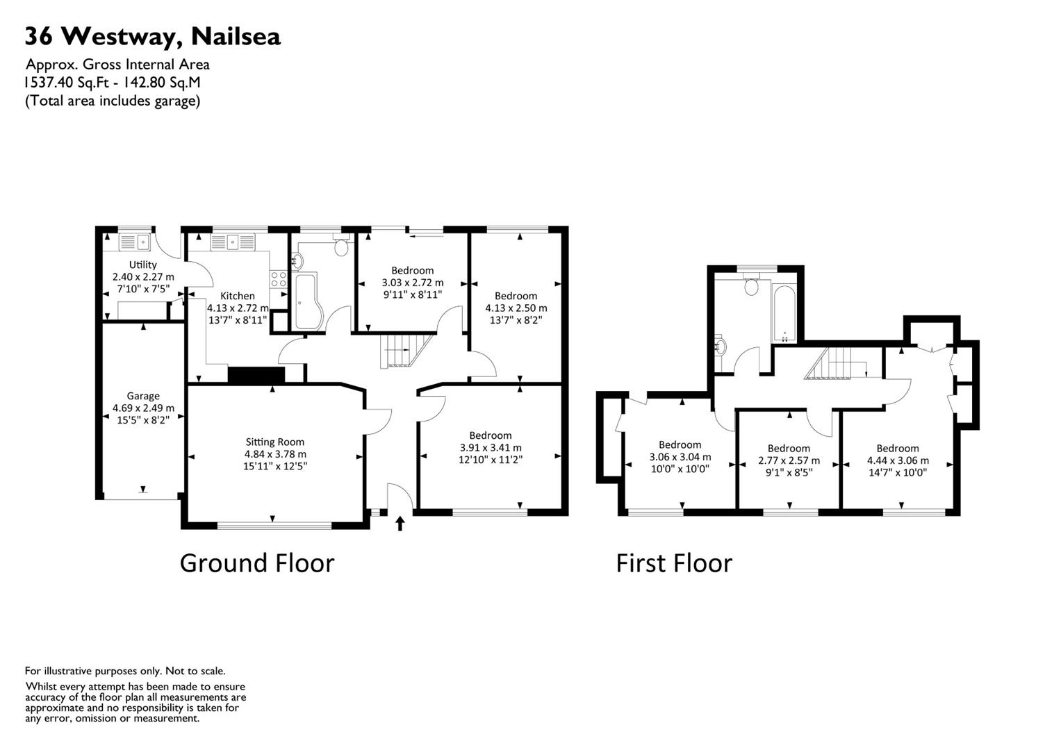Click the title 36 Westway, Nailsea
[x=153, y=36]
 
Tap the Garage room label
[x=143, y=396]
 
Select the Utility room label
[x=143, y=265]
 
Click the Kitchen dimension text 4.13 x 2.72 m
[x=238, y=308]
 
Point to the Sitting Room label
[x=274, y=442]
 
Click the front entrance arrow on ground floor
[x=400, y=523]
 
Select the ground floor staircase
[x=403, y=351]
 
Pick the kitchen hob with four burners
[x=279, y=279]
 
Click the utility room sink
[x=135, y=242]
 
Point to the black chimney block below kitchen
[x=256, y=376]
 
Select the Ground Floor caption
[x=257, y=562]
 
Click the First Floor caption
[x=674, y=563]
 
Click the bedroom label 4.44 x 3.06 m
[x=898, y=460]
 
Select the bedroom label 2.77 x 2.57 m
[x=789, y=460]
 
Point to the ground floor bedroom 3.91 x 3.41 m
[x=491, y=447]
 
